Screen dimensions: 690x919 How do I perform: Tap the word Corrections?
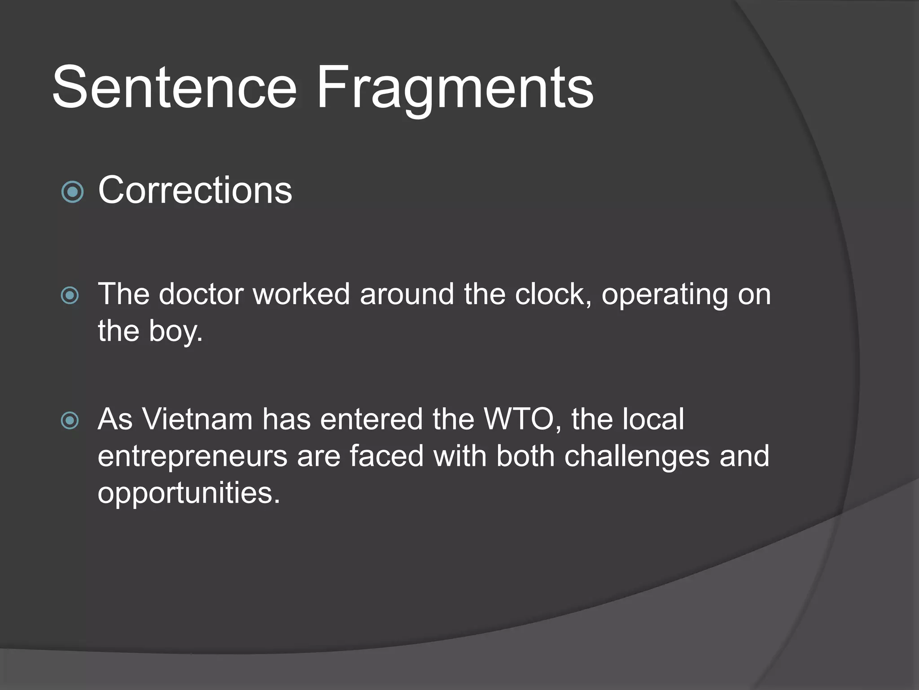pos(195,190)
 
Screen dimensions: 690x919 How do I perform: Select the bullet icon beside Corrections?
pos(72,192)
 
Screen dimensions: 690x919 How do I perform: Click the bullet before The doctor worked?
pos(70,296)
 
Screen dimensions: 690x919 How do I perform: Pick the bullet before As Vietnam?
pos(70,420)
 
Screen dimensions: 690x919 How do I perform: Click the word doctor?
pos(201,294)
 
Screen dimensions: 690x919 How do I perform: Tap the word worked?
pos(301,294)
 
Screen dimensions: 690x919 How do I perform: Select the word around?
pos(407,294)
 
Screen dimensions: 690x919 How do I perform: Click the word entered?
pos(372,419)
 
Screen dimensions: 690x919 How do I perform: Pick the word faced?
pos(386,456)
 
